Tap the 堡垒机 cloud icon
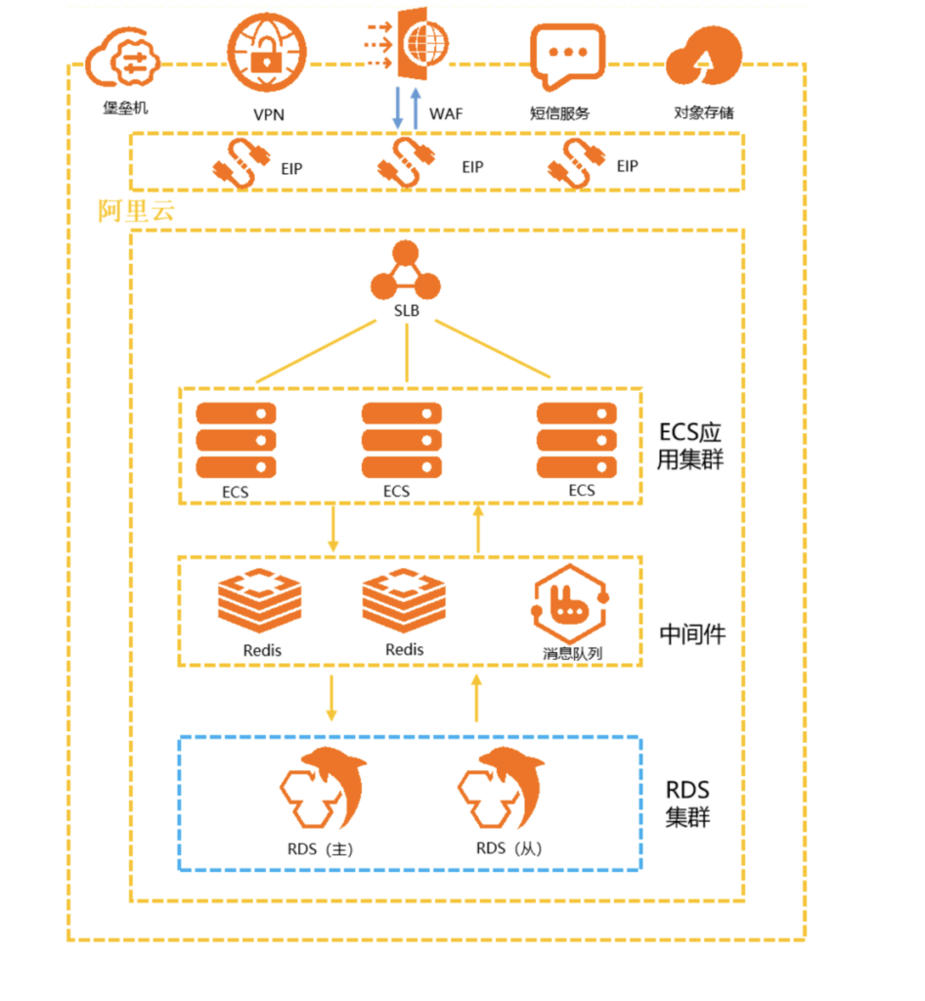[x=124, y=60]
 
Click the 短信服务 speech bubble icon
[x=567, y=57]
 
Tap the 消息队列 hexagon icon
[x=571, y=607]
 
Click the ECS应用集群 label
[x=690, y=445]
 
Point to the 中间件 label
[x=692, y=633]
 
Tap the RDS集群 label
[x=688, y=804]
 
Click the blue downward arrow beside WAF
[x=398, y=107]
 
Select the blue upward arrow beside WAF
[x=416, y=107]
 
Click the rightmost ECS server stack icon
[x=577, y=439]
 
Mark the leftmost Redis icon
[x=259, y=602]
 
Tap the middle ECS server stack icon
[x=401, y=439]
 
